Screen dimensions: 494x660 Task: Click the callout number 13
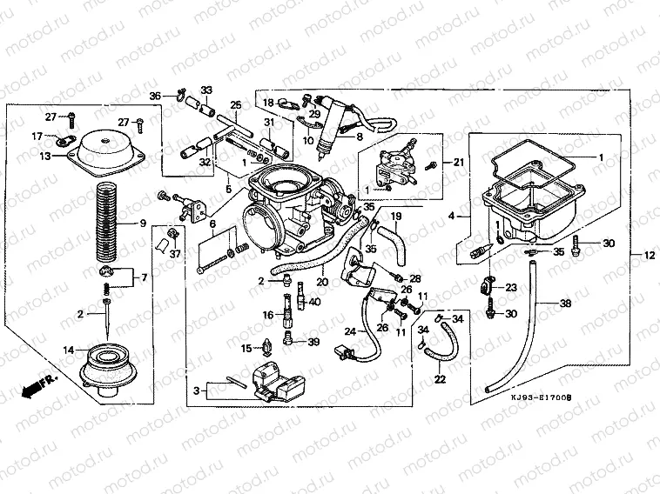coord(45,157)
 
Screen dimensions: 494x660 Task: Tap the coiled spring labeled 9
coord(110,221)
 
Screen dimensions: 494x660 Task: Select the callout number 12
coord(649,255)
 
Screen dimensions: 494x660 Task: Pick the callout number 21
coord(460,162)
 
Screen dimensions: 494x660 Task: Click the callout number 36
coord(154,96)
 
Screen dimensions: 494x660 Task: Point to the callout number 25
coord(235,106)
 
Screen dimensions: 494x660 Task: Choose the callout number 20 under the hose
coord(323,282)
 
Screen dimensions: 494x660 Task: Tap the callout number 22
coord(439,379)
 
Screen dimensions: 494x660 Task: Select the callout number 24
coord(349,330)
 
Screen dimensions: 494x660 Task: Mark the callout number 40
coord(314,301)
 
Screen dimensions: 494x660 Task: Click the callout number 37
coord(175,253)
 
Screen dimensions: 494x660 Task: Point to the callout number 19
coord(394,216)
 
